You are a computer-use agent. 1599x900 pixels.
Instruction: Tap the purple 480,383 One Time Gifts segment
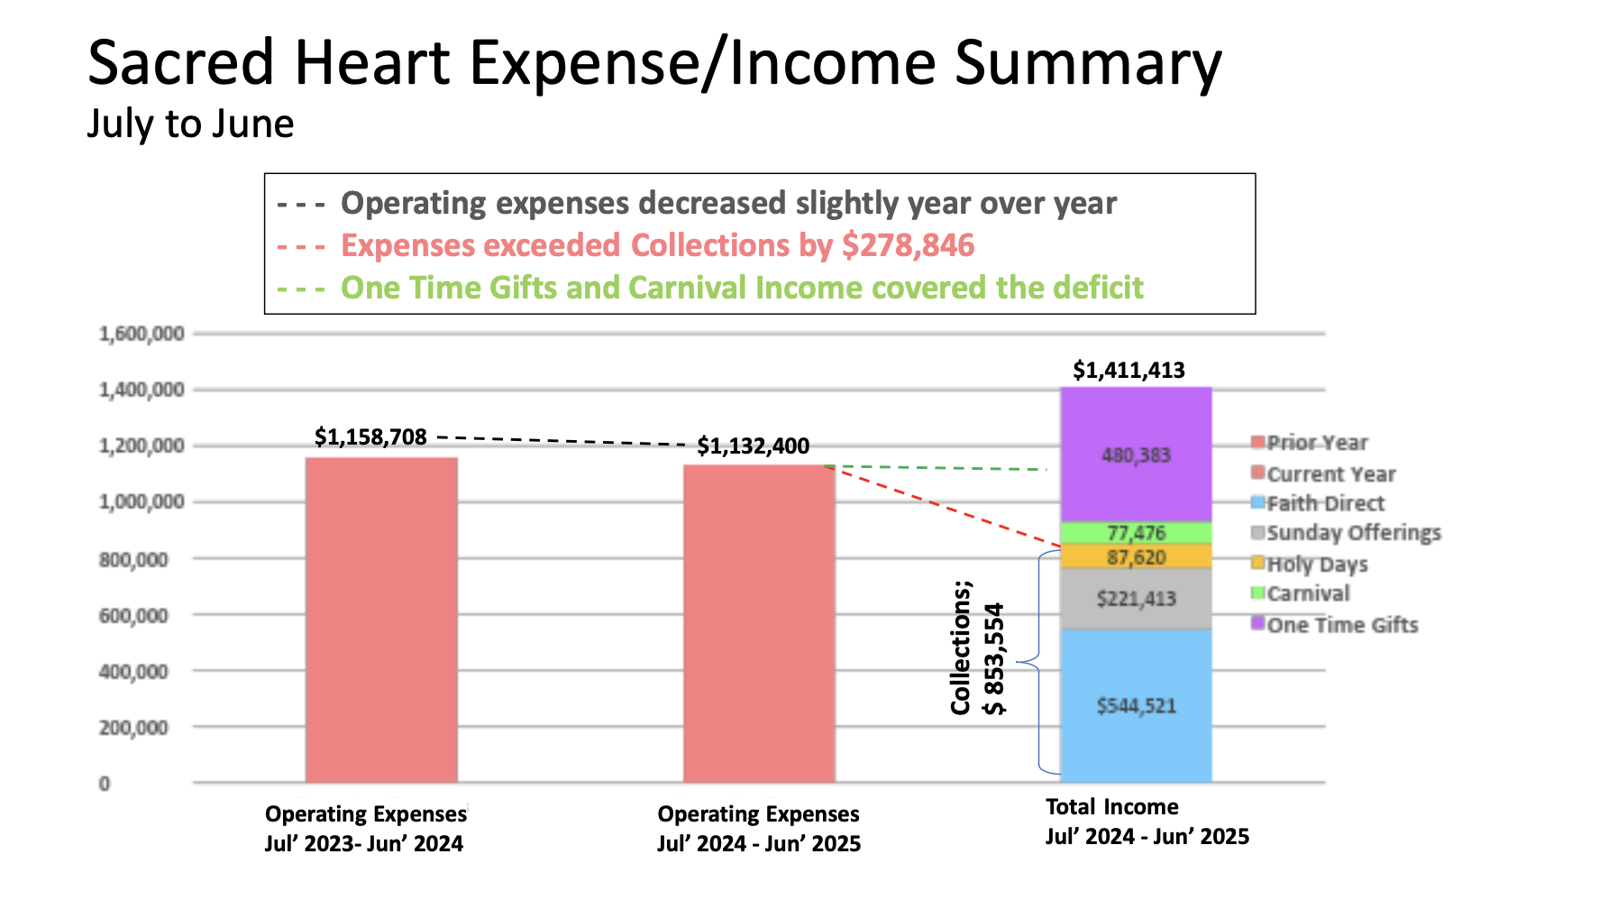pos(1136,455)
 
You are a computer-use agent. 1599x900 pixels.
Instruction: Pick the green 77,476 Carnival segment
pos(1136,533)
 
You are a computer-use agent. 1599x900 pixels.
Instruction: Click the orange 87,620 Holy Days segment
pos(1136,557)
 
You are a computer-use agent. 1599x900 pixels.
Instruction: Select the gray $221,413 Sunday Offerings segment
pos(1136,598)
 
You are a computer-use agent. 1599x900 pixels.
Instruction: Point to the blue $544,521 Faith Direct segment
pos(1136,705)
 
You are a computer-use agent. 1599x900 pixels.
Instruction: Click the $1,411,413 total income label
pos(1128,370)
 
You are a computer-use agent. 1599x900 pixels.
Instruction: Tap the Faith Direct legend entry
pos(1324,503)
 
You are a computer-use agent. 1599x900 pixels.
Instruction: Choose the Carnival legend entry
pos(1307,593)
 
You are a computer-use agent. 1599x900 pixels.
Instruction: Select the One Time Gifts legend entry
pos(1341,625)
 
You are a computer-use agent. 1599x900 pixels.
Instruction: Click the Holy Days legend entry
pos(1316,565)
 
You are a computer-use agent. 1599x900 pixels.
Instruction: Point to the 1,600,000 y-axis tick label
pos(142,334)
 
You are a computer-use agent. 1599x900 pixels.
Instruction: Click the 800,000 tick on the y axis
pos(133,559)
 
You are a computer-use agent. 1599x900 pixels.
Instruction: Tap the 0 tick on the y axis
pos(105,784)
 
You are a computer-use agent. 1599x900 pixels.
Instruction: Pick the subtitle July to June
pos(190,124)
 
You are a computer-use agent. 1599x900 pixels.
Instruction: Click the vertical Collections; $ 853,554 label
pos(977,647)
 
